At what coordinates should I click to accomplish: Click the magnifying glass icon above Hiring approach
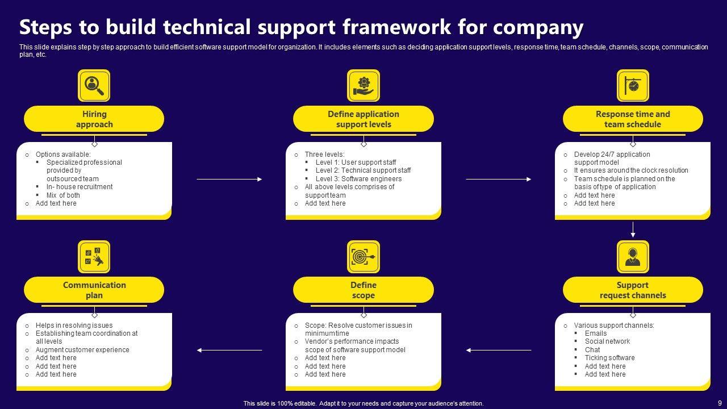[94, 86]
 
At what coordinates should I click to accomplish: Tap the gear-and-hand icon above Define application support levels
[363, 86]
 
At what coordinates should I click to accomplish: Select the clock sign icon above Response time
[633, 86]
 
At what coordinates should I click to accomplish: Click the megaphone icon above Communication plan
[94, 257]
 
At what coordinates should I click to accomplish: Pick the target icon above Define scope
[363, 257]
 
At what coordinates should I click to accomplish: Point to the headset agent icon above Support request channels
[633, 257]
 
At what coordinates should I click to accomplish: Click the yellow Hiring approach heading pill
[94, 119]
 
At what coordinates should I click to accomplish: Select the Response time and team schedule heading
[633, 119]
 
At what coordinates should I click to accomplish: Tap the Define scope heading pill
[363, 290]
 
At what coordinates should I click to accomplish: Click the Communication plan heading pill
[94, 290]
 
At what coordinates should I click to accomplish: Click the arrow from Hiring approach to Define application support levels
[229, 179]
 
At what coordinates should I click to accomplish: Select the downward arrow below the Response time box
[633, 229]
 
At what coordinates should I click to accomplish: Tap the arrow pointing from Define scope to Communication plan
[229, 350]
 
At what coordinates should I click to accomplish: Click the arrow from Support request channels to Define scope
[498, 350]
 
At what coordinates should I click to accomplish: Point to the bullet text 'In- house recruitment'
[80, 187]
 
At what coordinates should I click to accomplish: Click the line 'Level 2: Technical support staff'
[363, 170]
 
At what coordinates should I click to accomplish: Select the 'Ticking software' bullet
[609, 358]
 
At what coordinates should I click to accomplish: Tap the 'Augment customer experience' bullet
[82, 350]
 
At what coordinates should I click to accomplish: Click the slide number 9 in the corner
[720, 402]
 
